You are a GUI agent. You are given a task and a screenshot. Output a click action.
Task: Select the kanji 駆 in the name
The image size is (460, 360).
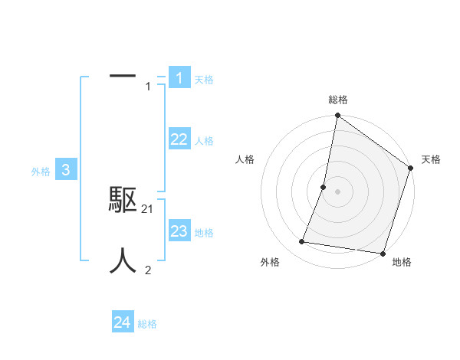coord(123,200)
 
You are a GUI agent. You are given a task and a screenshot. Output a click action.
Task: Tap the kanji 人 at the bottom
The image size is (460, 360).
coord(123,261)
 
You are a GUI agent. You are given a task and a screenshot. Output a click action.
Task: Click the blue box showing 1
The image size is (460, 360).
coord(179,77)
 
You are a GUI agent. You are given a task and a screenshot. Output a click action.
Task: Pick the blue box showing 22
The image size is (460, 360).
coord(179,139)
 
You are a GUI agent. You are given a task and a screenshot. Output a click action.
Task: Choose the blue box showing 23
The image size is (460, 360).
coord(179,231)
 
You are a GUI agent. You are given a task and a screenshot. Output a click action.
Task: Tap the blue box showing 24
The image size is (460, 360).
coord(123,322)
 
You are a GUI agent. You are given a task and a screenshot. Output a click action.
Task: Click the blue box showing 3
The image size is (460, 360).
coord(66,170)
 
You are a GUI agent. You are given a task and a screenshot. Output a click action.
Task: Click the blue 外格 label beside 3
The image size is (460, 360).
coord(41,172)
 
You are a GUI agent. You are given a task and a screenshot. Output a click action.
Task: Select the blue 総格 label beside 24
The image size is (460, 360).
coord(147,324)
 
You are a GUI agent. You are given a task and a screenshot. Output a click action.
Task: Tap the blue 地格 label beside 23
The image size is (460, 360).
coord(204,233)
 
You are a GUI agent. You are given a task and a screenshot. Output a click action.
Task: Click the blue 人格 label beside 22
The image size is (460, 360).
coord(204,141)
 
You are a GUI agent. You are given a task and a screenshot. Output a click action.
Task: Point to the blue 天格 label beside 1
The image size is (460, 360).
coord(204,80)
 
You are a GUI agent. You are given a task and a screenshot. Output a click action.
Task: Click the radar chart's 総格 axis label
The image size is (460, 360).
coord(338,100)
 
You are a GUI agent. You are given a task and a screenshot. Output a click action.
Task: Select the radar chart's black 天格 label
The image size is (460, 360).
coord(431,159)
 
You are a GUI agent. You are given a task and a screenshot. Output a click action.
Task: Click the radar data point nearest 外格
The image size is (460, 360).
coord(302,242)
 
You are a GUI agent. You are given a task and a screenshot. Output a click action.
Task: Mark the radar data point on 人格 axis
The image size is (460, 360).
coord(324,187)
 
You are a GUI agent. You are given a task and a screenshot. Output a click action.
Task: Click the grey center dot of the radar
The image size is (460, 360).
coord(337,191)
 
